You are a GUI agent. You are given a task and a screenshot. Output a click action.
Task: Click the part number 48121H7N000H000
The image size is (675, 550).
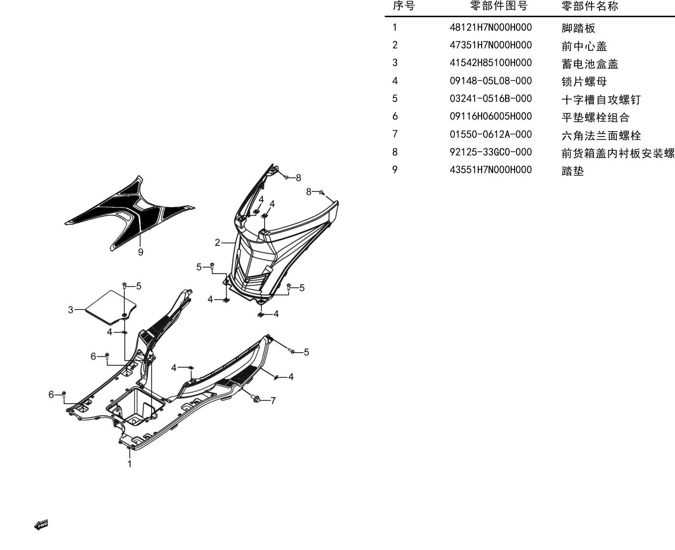490,27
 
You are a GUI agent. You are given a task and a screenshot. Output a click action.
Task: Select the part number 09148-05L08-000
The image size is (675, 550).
490,81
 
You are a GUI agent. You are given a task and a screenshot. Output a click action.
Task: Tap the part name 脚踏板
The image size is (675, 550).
578,28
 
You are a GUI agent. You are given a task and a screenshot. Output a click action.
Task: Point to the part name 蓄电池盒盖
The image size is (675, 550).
590,64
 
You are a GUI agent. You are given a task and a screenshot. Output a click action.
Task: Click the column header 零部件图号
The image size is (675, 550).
498,6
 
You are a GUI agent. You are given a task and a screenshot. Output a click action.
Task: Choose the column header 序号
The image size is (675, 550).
404,6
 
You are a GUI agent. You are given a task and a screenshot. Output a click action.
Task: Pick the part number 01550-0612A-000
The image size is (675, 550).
490,135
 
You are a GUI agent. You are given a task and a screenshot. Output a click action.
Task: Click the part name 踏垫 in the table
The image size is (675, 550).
572,171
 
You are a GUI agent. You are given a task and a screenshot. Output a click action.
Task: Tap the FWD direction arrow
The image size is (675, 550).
41,525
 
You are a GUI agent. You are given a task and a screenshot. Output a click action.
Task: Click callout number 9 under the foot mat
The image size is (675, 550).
141,252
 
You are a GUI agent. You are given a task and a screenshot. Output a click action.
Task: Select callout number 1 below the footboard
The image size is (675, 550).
129,464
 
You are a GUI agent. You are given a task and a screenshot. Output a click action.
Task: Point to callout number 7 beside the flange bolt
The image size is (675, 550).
273,401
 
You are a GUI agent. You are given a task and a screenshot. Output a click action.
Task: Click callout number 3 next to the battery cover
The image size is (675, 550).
71,310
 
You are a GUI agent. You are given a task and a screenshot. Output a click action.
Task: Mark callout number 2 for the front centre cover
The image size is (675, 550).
217,243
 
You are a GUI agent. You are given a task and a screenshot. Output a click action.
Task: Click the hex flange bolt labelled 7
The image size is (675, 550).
256,398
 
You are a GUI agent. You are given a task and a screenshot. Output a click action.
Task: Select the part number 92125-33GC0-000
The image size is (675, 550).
490,152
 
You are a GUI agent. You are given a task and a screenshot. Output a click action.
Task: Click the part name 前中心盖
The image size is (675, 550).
584,46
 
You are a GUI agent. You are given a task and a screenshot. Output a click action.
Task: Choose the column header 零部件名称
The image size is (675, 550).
590,6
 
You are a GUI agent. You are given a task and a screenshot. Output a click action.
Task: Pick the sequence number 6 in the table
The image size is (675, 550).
395,116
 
